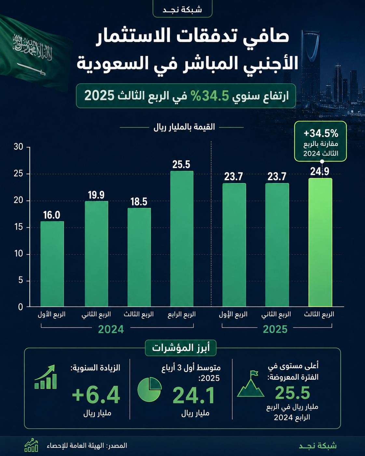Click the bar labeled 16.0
(x=52, y=264)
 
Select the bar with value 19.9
(x=96, y=254)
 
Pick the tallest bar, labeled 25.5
(x=182, y=239)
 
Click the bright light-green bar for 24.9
(x=320, y=242)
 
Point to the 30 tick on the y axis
(x=19, y=147)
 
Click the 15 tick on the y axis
(x=19, y=227)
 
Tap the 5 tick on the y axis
(x=20, y=281)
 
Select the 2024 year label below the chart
(x=111, y=329)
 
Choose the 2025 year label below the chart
(x=275, y=329)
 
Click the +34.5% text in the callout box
(x=321, y=133)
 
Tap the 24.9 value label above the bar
(x=320, y=171)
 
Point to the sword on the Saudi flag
(x=31, y=69)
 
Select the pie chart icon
(x=150, y=389)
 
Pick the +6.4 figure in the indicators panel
(x=96, y=395)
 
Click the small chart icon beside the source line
(x=31, y=445)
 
